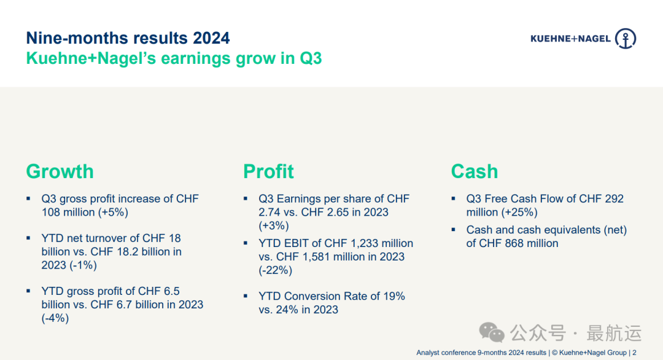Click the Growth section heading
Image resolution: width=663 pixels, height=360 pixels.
[60, 172]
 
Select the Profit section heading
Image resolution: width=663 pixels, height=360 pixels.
[268, 171]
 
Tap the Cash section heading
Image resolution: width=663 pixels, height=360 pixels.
[475, 171]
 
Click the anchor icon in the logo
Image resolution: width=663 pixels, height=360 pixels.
[626, 39]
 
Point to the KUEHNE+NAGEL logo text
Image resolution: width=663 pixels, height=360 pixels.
[571, 39]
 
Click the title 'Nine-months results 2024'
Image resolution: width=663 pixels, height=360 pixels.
[128, 38]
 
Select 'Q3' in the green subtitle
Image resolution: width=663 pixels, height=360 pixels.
[311, 58]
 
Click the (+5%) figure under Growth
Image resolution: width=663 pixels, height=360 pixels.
[113, 213]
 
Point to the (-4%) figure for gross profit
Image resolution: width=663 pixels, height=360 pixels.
[55, 318]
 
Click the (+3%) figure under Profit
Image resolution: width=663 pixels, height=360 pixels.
[274, 226]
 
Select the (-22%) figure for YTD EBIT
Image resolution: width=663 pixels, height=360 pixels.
[275, 270]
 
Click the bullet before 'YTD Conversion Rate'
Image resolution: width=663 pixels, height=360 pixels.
[245, 296]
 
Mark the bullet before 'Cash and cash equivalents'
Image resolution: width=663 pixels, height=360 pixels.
[453, 230]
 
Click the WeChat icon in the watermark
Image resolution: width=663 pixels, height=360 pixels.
[491, 333]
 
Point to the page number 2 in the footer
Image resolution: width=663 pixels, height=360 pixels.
[634, 353]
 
